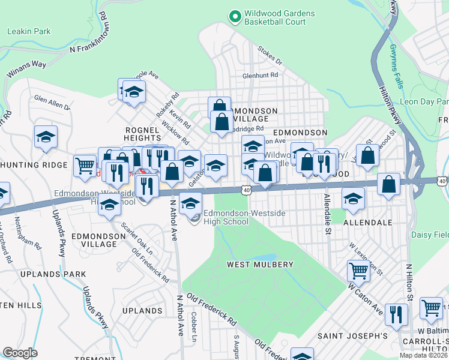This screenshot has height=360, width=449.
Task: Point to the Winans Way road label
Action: (26, 68)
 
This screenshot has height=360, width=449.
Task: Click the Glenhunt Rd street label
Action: (260, 76)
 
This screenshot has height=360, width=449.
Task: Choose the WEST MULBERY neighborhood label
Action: (260, 265)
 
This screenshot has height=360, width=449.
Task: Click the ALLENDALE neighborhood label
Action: (367, 222)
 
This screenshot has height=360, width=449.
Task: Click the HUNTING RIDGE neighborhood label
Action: (33, 164)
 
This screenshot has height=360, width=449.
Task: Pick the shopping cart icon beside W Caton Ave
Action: (358, 271)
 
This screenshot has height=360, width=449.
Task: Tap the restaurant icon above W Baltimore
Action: (396, 314)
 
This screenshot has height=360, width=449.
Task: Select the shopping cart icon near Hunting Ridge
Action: (85, 165)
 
